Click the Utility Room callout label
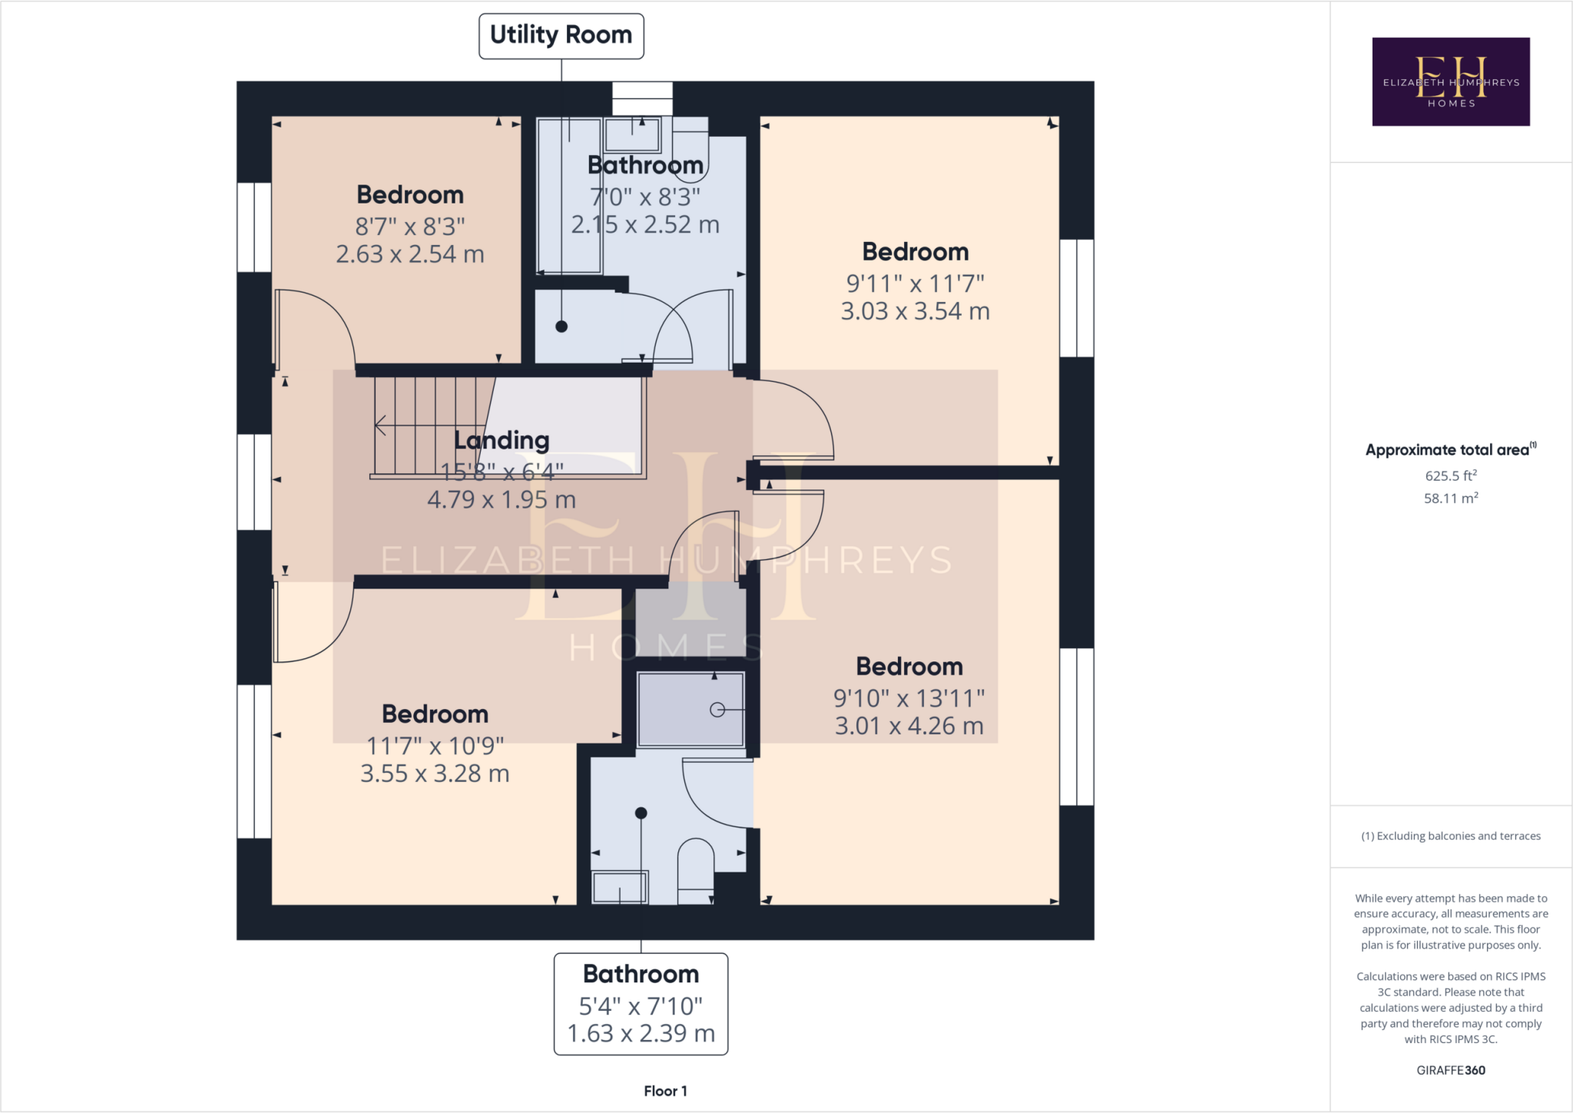[561, 35]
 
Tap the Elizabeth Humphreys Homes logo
[1450, 81]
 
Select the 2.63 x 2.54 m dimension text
[409, 254]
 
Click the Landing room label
[502, 440]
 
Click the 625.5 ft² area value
[1450, 475]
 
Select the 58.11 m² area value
[1450, 498]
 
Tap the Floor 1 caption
[665, 1091]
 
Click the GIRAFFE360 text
[1450, 1070]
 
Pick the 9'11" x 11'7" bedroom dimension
[915, 283]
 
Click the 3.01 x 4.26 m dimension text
[909, 726]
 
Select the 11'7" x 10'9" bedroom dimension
[435, 746]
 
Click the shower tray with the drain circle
[690, 709]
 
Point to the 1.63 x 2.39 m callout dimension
[641, 1034]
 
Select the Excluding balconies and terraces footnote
[1450, 836]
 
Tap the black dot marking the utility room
[561, 326]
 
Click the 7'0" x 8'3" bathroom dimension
[644, 197]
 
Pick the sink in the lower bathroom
[619, 887]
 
